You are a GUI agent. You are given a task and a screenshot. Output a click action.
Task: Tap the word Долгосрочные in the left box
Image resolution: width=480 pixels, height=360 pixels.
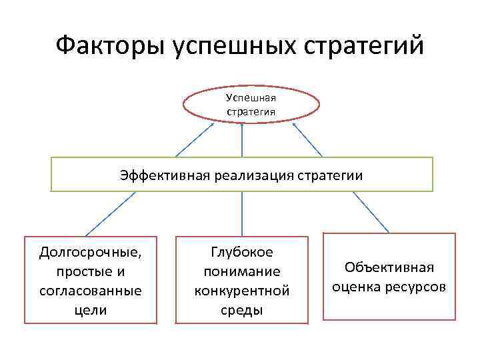tap(91, 253)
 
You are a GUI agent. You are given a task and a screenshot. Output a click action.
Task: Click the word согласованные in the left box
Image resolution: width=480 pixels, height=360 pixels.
tap(91, 291)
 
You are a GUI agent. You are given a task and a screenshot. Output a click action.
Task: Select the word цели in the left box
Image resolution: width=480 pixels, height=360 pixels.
tap(91, 310)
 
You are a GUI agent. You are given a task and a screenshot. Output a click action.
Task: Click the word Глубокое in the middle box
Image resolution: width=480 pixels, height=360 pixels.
tap(241, 253)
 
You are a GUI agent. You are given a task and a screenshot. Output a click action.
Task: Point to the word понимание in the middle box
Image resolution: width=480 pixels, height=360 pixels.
tap(241, 272)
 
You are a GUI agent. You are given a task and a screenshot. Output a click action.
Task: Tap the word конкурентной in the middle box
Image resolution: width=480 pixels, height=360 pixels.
tap(241, 291)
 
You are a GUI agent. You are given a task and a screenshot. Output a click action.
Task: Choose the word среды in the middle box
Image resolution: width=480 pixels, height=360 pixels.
tap(241, 310)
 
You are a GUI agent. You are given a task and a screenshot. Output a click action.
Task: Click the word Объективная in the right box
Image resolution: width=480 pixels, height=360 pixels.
tap(389, 268)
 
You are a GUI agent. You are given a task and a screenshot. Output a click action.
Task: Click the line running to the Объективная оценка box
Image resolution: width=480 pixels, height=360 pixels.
tap(371, 212)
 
